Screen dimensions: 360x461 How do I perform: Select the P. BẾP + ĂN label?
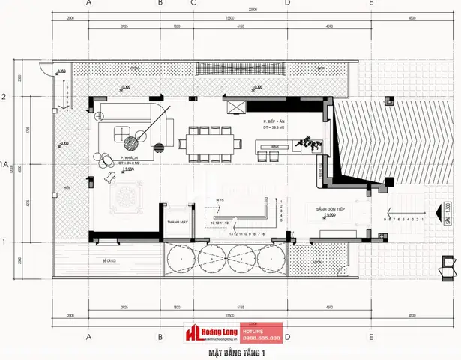coord(275,121)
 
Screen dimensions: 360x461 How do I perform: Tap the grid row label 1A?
coord(5,163)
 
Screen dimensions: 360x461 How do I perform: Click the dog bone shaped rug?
coord(110,179)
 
